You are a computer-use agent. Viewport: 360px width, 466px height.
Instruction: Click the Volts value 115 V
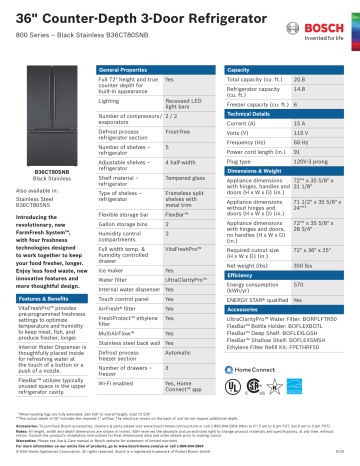pos(300,132)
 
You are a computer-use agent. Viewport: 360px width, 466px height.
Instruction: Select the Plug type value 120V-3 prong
pos(306,160)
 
